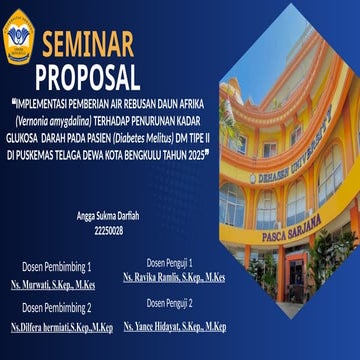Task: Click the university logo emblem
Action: coord(18,37)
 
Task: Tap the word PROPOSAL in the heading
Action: coord(88,76)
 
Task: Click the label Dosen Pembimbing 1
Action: coord(57,268)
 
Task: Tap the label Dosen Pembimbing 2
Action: coord(57,307)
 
